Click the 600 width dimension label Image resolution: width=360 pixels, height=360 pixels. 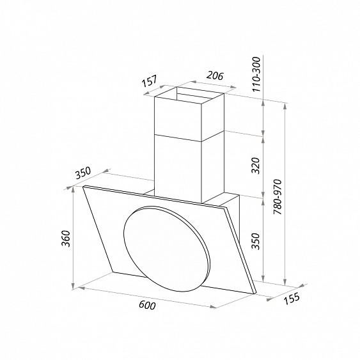click(x=147, y=305)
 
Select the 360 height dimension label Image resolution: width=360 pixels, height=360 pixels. click(x=67, y=239)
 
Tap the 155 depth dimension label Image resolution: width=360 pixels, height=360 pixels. click(x=292, y=298)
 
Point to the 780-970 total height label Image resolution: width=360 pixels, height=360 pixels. click(x=278, y=197)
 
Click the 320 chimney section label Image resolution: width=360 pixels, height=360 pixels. click(x=255, y=166)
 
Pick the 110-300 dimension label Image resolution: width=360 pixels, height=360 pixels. click(x=256, y=74)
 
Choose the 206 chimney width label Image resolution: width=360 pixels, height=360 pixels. click(x=215, y=75)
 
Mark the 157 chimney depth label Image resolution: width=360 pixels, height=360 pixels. click(x=150, y=81)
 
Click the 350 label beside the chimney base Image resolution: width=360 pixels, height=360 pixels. click(x=255, y=241)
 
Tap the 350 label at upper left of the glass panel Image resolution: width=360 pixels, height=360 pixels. click(x=83, y=173)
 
